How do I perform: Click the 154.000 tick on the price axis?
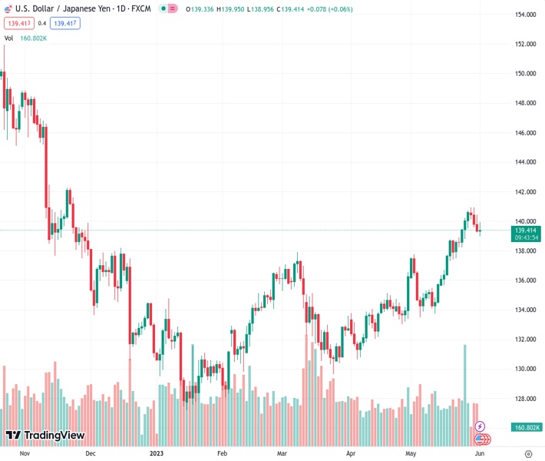(525, 15)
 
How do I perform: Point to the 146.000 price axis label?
(525, 133)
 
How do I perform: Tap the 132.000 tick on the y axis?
(525, 340)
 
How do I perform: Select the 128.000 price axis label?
(525, 399)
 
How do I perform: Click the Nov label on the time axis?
(25, 453)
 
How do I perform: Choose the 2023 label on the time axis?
(157, 453)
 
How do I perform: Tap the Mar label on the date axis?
(282, 453)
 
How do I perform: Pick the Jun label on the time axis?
(479, 453)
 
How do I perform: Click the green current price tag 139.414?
(526, 230)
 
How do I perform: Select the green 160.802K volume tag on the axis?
(527, 427)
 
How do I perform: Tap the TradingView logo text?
(54, 436)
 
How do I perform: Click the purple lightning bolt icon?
(481, 426)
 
